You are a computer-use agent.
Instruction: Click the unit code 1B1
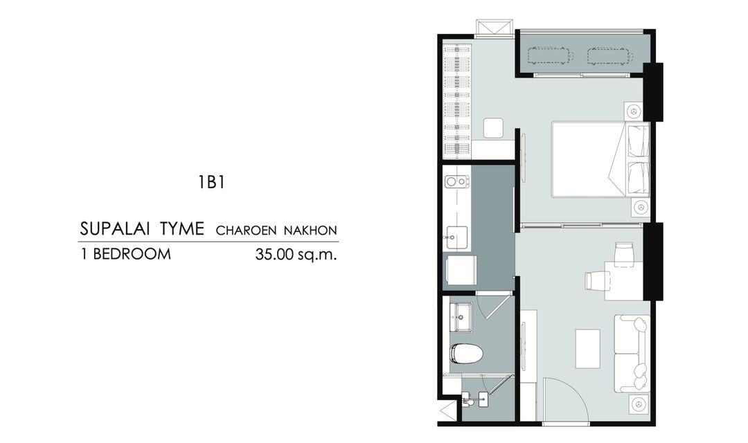coord(212,183)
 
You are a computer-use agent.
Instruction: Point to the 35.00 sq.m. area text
coord(296,254)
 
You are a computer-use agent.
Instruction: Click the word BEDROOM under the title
coord(132,254)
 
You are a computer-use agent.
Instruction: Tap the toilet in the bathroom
coord(466,353)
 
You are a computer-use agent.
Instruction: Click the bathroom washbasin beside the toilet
coord(461,316)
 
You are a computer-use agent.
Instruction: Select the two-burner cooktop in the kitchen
coord(456,181)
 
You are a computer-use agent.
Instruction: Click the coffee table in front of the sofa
coord(588,348)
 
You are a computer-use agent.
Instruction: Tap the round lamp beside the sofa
coord(638,404)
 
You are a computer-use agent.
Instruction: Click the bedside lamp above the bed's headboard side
coord(634,111)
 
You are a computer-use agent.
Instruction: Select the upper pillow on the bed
coord(639,141)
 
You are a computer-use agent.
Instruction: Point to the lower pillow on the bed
coord(639,178)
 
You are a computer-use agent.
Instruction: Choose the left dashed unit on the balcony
coord(550,56)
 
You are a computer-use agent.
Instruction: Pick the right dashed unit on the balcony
coord(609,56)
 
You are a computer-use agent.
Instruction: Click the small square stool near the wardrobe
coord(493,128)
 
